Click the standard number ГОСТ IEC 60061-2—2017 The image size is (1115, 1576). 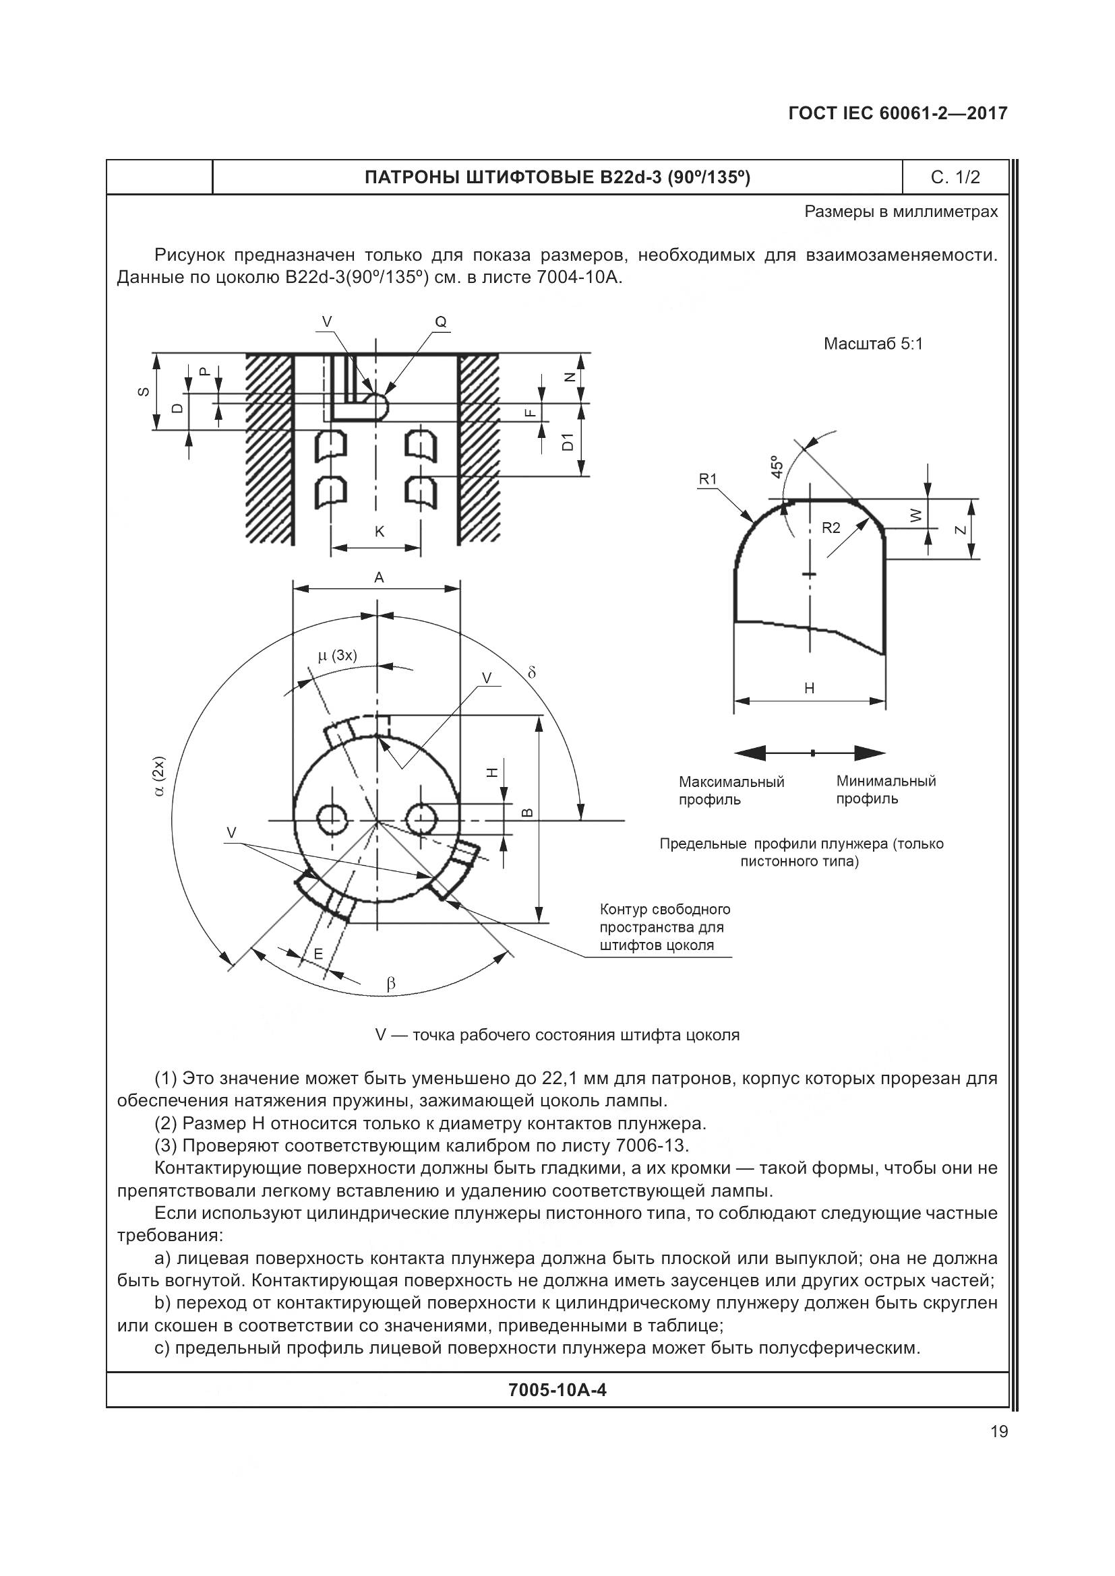pos(897,113)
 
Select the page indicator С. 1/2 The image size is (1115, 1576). pos(955,178)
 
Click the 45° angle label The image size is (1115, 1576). pos(777,467)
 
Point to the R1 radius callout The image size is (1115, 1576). pos(707,479)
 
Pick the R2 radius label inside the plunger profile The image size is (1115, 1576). pos(831,527)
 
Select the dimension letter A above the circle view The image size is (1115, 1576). pos(379,578)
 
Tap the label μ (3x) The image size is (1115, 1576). pos(337,655)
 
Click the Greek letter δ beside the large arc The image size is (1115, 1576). pos(531,672)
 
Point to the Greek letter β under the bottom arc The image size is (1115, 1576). pos(392,984)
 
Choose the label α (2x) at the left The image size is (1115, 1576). pos(159,777)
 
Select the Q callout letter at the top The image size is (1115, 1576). pos(441,322)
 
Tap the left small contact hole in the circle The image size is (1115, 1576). pos(332,819)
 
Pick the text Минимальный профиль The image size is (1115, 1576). pos(886,790)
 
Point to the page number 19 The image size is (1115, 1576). pos(999,1431)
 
